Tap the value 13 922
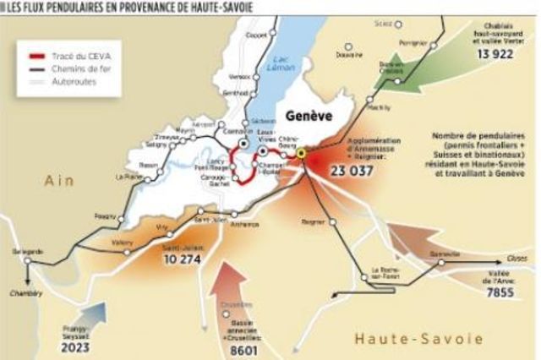pos(496,54)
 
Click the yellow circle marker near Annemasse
pos(301,154)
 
